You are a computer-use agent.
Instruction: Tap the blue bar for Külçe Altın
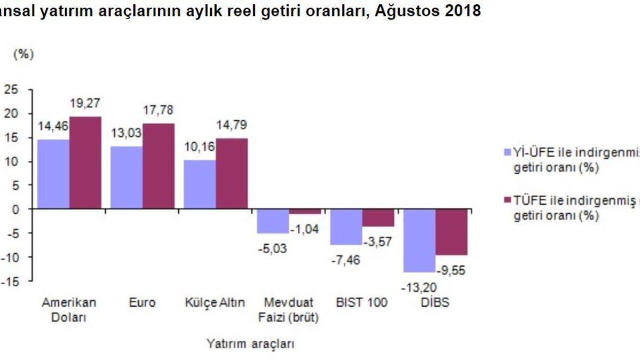click(199, 184)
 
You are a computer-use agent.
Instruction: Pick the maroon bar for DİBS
click(452, 232)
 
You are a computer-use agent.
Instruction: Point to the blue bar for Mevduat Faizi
click(273, 221)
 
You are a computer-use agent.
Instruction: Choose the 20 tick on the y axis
click(12, 114)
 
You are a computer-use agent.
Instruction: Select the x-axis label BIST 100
click(362, 303)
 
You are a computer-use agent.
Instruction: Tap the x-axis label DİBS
click(435, 303)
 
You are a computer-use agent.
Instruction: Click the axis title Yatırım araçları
click(250, 344)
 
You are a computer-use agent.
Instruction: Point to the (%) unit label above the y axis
click(23, 54)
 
